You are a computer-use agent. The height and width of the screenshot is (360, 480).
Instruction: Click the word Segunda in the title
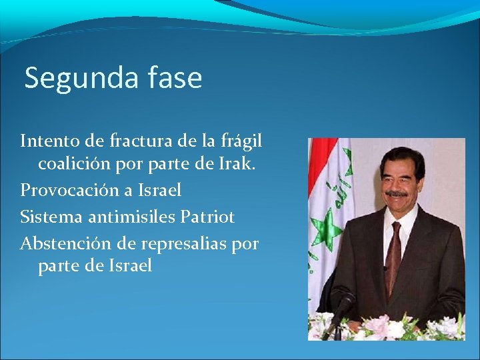point(79,79)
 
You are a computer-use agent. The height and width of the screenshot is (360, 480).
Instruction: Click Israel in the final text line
point(129,266)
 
